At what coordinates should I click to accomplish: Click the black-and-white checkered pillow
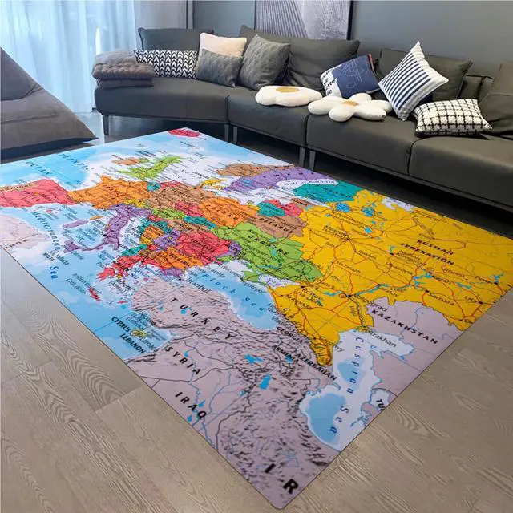point(450,117)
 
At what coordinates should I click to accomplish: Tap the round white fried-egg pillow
point(288,95)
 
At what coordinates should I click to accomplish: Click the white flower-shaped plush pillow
point(351,107)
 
